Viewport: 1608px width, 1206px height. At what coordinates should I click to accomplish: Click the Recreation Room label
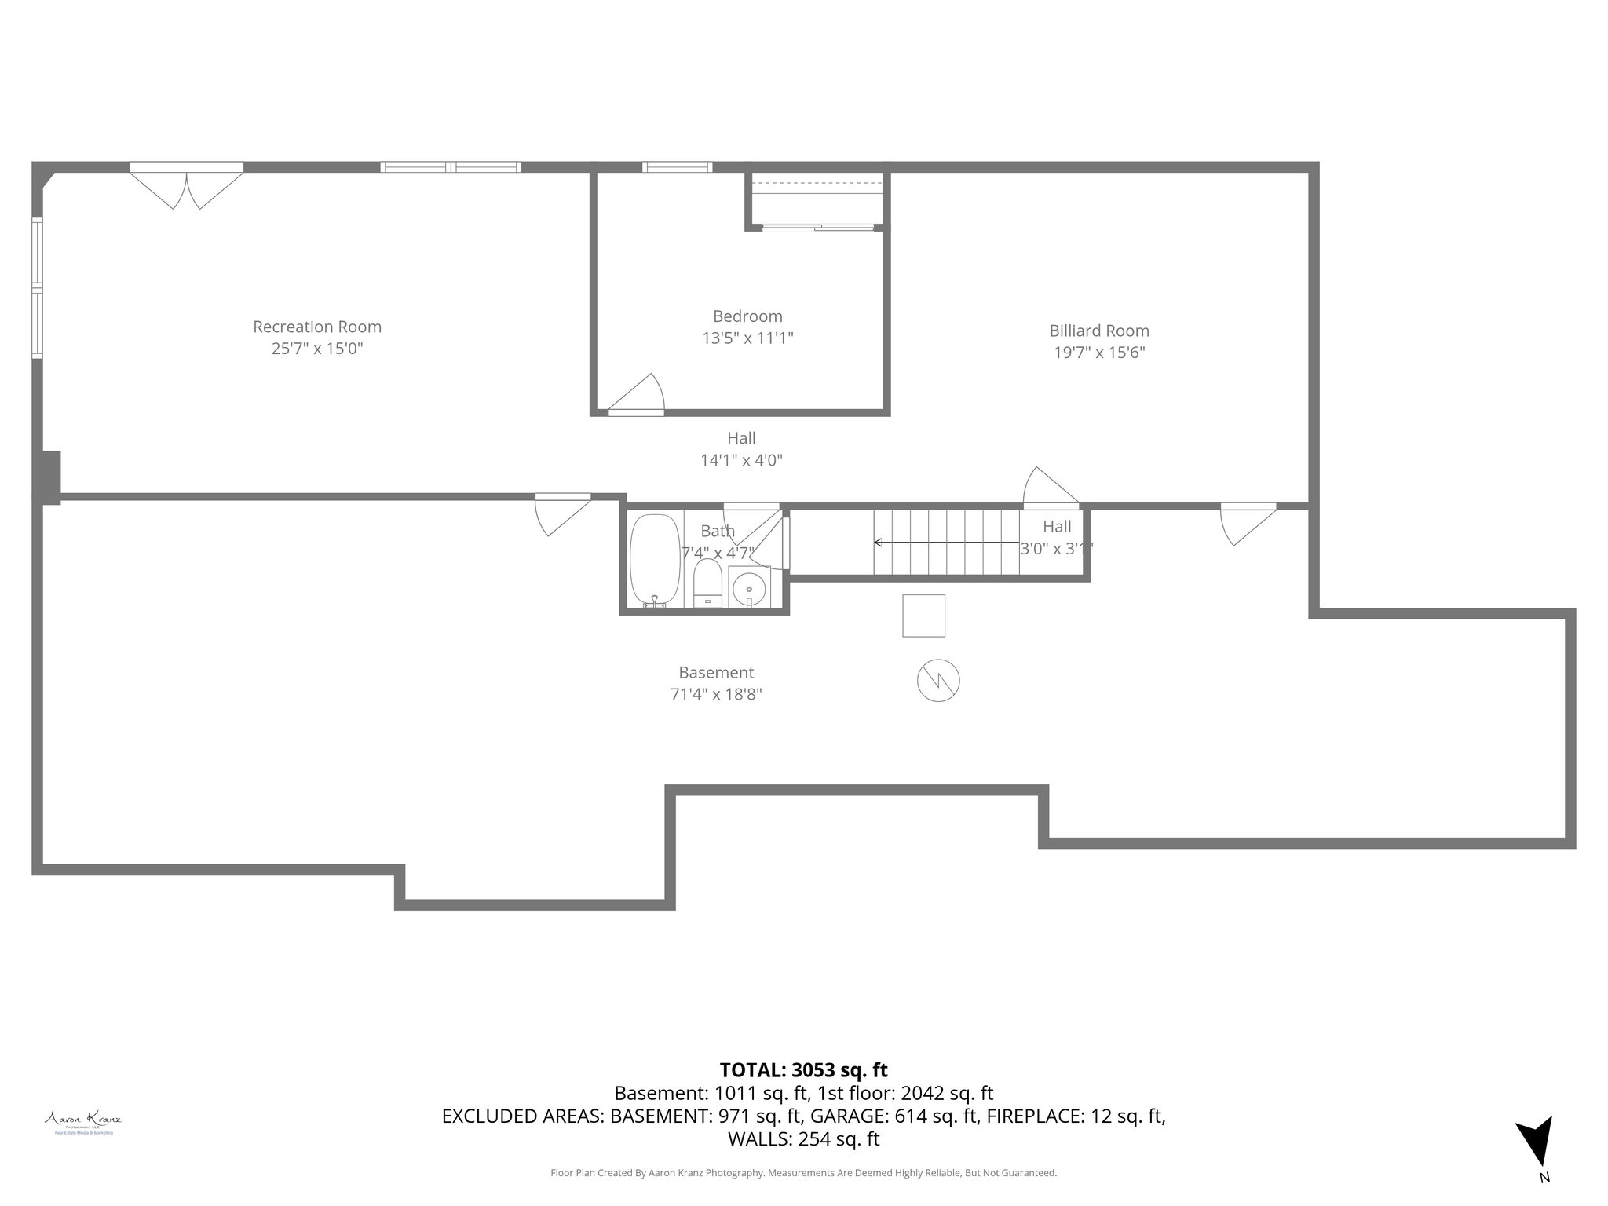click(x=317, y=327)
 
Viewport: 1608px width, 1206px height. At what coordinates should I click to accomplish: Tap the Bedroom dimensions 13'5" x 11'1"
click(x=747, y=338)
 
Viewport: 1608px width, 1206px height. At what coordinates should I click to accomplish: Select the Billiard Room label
click(x=1098, y=331)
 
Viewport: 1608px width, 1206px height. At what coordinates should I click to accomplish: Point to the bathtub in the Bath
click(x=655, y=560)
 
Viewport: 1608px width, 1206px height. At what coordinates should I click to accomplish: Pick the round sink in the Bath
click(x=750, y=588)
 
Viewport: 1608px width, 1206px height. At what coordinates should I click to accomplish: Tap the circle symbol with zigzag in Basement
click(x=938, y=680)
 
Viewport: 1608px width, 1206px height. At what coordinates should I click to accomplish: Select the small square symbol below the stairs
click(x=923, y=616)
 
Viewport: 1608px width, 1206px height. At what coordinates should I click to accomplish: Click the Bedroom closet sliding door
click(x=817, y=228)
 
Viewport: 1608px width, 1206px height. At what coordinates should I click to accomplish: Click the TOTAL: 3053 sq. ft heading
click(x=803, y=1070)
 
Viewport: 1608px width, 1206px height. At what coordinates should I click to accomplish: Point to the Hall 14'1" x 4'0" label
click(x=741, y=449)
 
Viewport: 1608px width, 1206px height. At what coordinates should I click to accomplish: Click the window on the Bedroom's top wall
click(x=677, y=166)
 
